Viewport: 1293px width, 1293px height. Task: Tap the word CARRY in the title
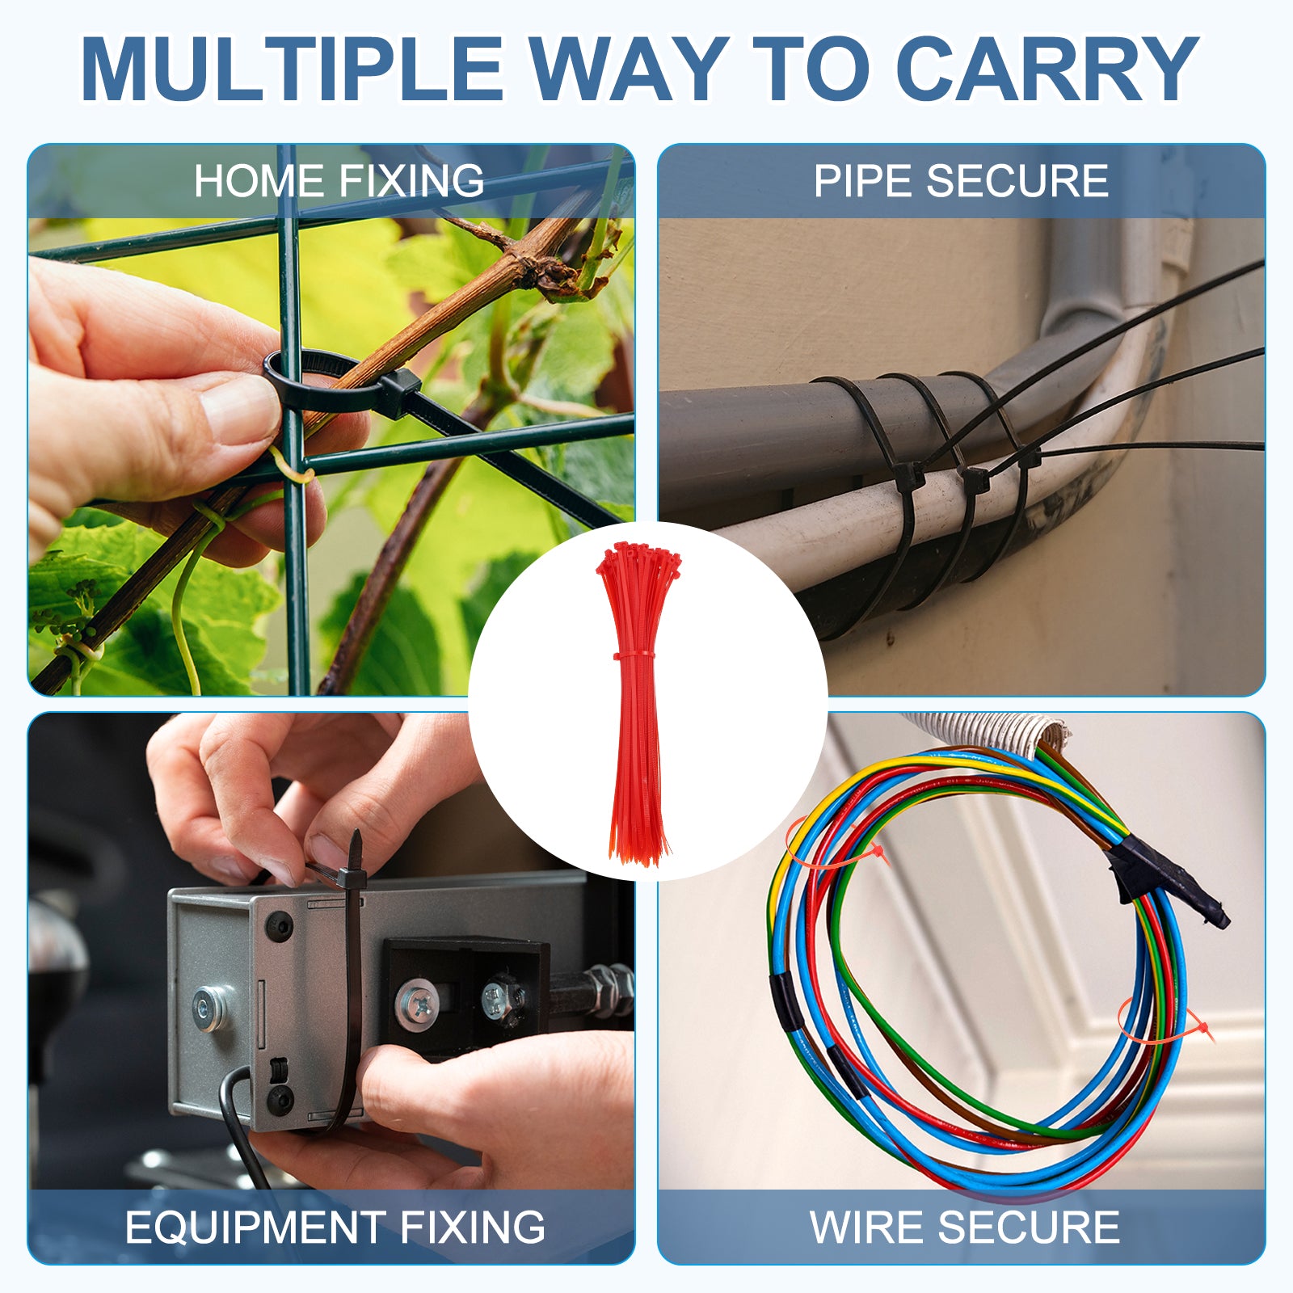pos(1047,69)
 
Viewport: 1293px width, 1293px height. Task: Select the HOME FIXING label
pos(339,181)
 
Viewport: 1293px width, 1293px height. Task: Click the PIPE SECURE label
pos(961,181)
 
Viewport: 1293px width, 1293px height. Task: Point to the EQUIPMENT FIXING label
pos(335,1228)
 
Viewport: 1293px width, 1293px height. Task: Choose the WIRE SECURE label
pos(965,1228)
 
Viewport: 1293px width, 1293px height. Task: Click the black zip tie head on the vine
pos(396,394)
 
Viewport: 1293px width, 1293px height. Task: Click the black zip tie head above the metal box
pos(352,878)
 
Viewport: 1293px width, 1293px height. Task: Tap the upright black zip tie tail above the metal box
pos(356,849)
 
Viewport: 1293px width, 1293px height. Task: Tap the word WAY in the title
pos(629,69)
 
